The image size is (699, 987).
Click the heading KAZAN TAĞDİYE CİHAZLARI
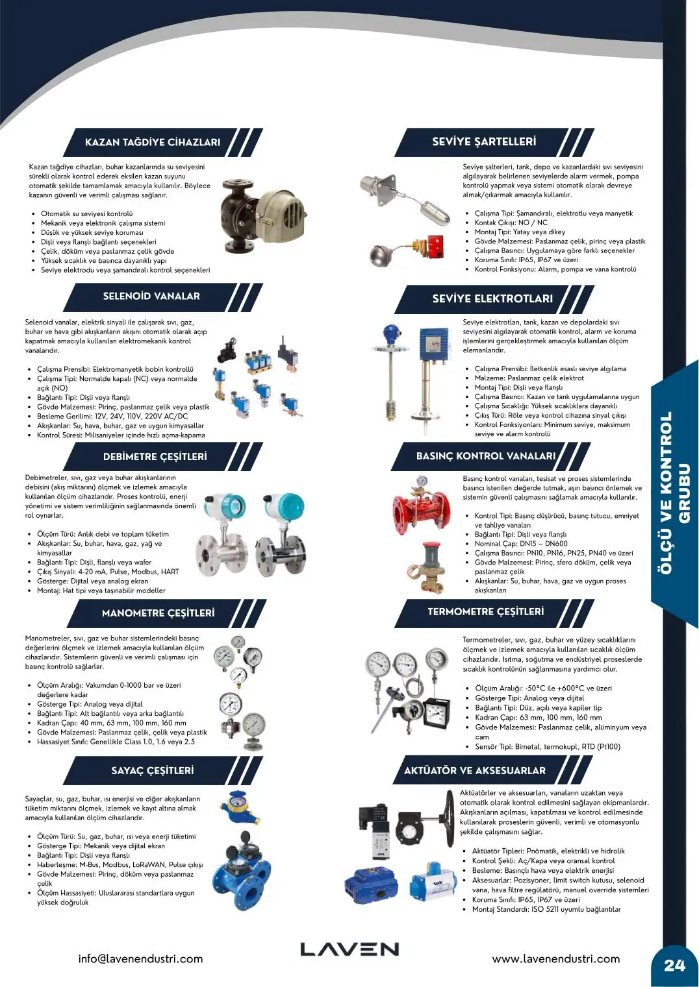(x=153, y=142)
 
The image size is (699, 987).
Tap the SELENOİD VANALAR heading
(x=151, y=296)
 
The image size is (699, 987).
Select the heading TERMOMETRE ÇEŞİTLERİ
(x=485, y=611)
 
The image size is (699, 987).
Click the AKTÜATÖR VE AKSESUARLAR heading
(x=475, y=770)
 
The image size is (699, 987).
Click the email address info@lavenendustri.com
(x=141, y=958)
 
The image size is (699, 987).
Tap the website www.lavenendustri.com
(x=555, y=958)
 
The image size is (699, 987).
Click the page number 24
(x=675, y=966)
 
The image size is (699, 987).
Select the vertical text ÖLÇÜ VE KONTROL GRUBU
(x=674, y=493)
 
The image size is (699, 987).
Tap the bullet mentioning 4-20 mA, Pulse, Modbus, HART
(x=108, y=572)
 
